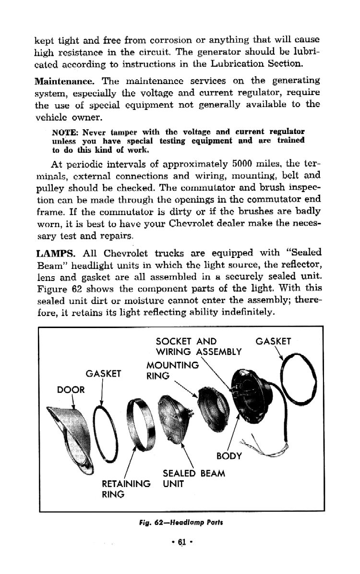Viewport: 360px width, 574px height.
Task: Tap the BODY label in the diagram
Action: [x=229, y=455]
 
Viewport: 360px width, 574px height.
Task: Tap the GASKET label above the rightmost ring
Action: [x=274, y=342]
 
